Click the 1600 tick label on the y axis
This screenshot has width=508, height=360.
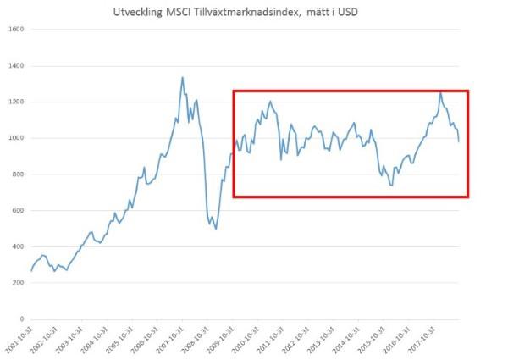tap(16, 29)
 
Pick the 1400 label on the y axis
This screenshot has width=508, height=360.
tap(16, 65)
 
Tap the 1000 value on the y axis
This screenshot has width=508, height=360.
tap(16, 138)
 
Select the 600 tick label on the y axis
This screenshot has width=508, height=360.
tap(18, 211)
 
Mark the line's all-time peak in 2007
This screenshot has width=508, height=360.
tap(182, 78)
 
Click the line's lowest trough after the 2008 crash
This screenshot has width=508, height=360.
tap(216, 229)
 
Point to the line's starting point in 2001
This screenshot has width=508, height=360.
tap(30, 271)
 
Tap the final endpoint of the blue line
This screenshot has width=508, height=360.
tap(459, 141)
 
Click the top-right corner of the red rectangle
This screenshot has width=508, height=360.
tap(468, 91)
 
